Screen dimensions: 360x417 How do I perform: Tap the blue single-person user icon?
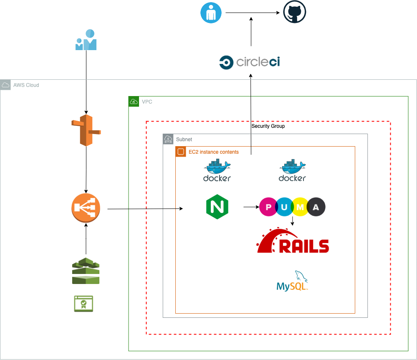pos(211,13)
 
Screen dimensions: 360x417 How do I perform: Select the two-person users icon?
pos(86,40)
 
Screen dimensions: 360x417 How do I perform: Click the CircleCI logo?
pos(250,62)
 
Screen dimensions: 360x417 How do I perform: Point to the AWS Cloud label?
pos(26,85)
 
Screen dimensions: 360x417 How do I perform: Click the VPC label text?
pos(147,102)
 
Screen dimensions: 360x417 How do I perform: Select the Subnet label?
pos(184,139)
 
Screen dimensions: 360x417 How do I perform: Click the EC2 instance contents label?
pos(214,152)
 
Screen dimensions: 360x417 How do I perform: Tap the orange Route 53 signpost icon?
pos(86,130)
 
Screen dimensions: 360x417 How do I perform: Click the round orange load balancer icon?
pos(86,208)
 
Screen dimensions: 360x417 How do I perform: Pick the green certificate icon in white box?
pos(83,304)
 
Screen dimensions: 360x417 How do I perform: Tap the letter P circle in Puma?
pos(267,207)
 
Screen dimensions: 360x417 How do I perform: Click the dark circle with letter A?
pos(316,207)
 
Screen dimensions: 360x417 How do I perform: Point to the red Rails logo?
pos(293,241)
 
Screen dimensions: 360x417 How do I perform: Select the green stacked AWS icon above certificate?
pos(86,271)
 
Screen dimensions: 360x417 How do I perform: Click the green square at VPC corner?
pos(134,101)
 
